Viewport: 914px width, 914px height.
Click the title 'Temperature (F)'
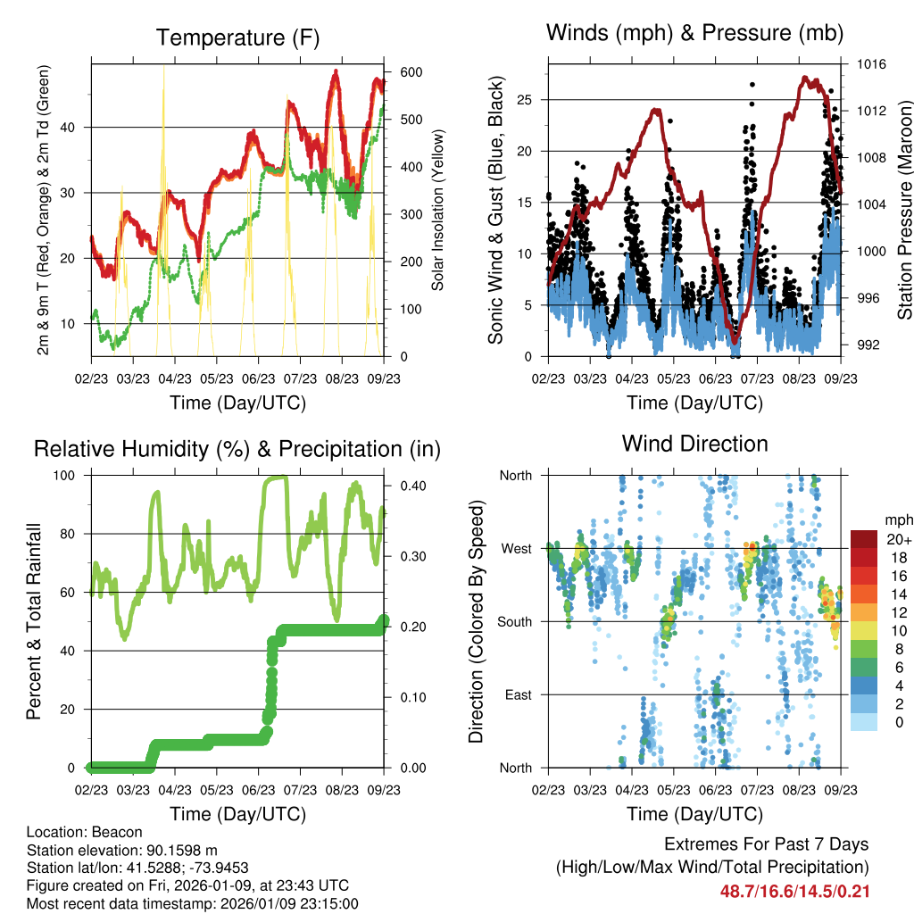(237, 37)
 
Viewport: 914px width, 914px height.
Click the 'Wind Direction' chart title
(694, 444)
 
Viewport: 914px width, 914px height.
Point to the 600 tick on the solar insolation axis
(400, 72)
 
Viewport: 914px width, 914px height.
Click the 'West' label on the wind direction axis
(516, 548)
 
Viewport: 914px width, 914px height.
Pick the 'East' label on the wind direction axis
(518, 694)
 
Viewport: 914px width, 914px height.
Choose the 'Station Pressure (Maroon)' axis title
(904, 210)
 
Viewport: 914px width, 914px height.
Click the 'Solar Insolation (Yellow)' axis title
(437, 210)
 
